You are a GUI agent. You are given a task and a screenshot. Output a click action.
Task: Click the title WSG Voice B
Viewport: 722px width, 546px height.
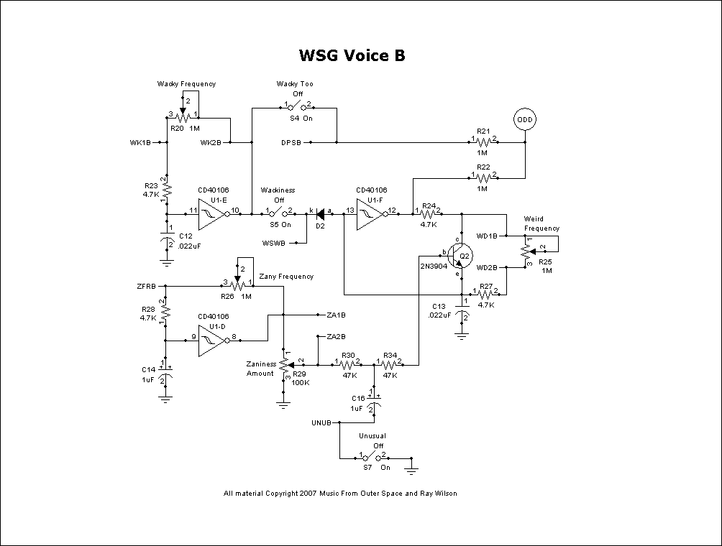pos(352,55)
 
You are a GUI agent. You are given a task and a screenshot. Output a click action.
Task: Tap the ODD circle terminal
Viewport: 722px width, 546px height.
pos(525,119)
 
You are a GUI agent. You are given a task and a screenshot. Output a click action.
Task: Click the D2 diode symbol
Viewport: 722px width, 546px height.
pos(321,213)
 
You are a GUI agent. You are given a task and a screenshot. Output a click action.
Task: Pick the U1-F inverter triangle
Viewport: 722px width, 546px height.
pos(371,213)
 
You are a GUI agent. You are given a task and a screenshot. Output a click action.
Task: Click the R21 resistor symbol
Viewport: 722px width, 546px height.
pos(483,142)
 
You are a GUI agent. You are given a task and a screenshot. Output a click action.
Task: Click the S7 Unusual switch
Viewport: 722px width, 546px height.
pos(373,458)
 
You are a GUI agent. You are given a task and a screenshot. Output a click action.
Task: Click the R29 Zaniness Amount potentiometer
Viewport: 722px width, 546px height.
pos(285,364)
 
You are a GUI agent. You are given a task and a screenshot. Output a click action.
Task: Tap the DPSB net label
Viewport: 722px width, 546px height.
pos(291,142)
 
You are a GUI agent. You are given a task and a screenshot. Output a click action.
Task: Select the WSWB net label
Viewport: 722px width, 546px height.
pos(274,243)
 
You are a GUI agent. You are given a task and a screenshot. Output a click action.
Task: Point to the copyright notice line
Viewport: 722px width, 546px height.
pos(340,494)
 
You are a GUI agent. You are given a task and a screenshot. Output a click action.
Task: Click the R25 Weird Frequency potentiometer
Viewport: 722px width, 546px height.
pos(525,250)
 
